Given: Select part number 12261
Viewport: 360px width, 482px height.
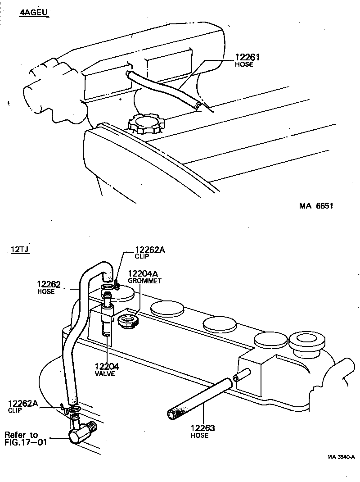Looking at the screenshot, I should pos(248,57).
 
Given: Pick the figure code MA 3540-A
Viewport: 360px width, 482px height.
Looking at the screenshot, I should pos(341,457).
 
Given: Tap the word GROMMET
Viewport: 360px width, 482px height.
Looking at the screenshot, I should pos(144,280).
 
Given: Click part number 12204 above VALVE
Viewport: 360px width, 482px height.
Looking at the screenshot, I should pos(107,367).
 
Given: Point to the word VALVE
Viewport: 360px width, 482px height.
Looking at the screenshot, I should pos(106,374).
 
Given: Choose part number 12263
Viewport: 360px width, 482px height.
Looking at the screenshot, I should pos(202,428).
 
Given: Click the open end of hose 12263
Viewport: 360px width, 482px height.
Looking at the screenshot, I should pos(171,413).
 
